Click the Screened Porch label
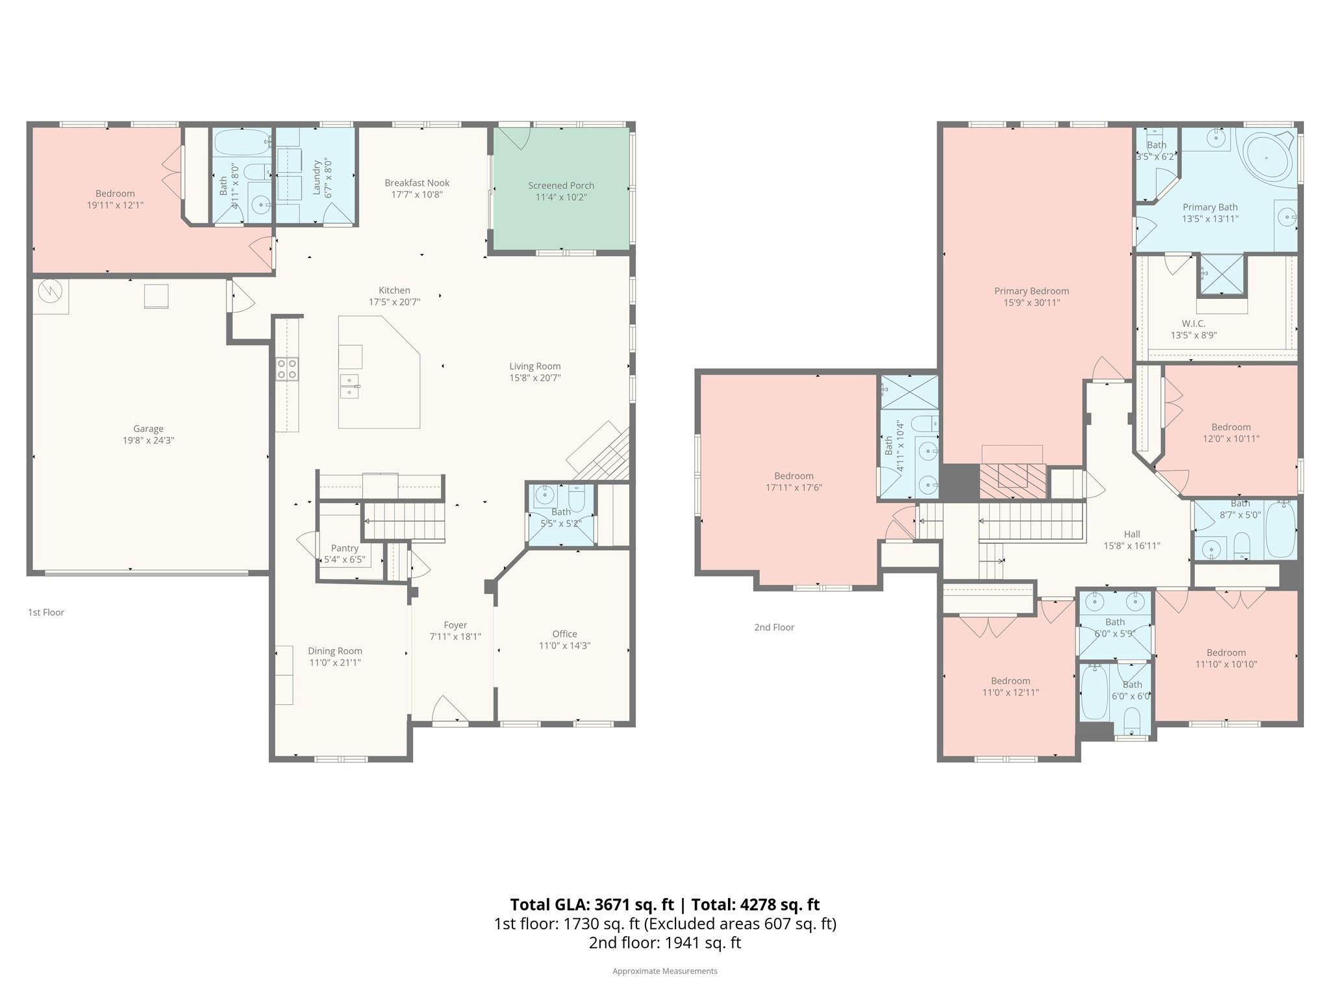(x=560, y=186)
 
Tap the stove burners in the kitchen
(x=287, y=369)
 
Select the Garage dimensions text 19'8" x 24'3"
(x=149, y=441)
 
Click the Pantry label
(x=344, y=548)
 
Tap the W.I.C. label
(x=1193, y=324)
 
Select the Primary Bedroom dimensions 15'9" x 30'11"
(x=1031, y=303)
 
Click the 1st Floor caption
(x=46, y=612)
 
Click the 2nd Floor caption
(x=774, y=627)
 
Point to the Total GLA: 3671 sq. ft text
(x=592, y=904)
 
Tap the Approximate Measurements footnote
(x=664, y=971)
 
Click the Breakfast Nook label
(x=417, y=183)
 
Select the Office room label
(x=564, y=634)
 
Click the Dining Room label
(x=335, y=651)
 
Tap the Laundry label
(x=317, y=177)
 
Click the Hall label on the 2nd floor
(x=1132, y=535)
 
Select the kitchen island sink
(x=349, y=386)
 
